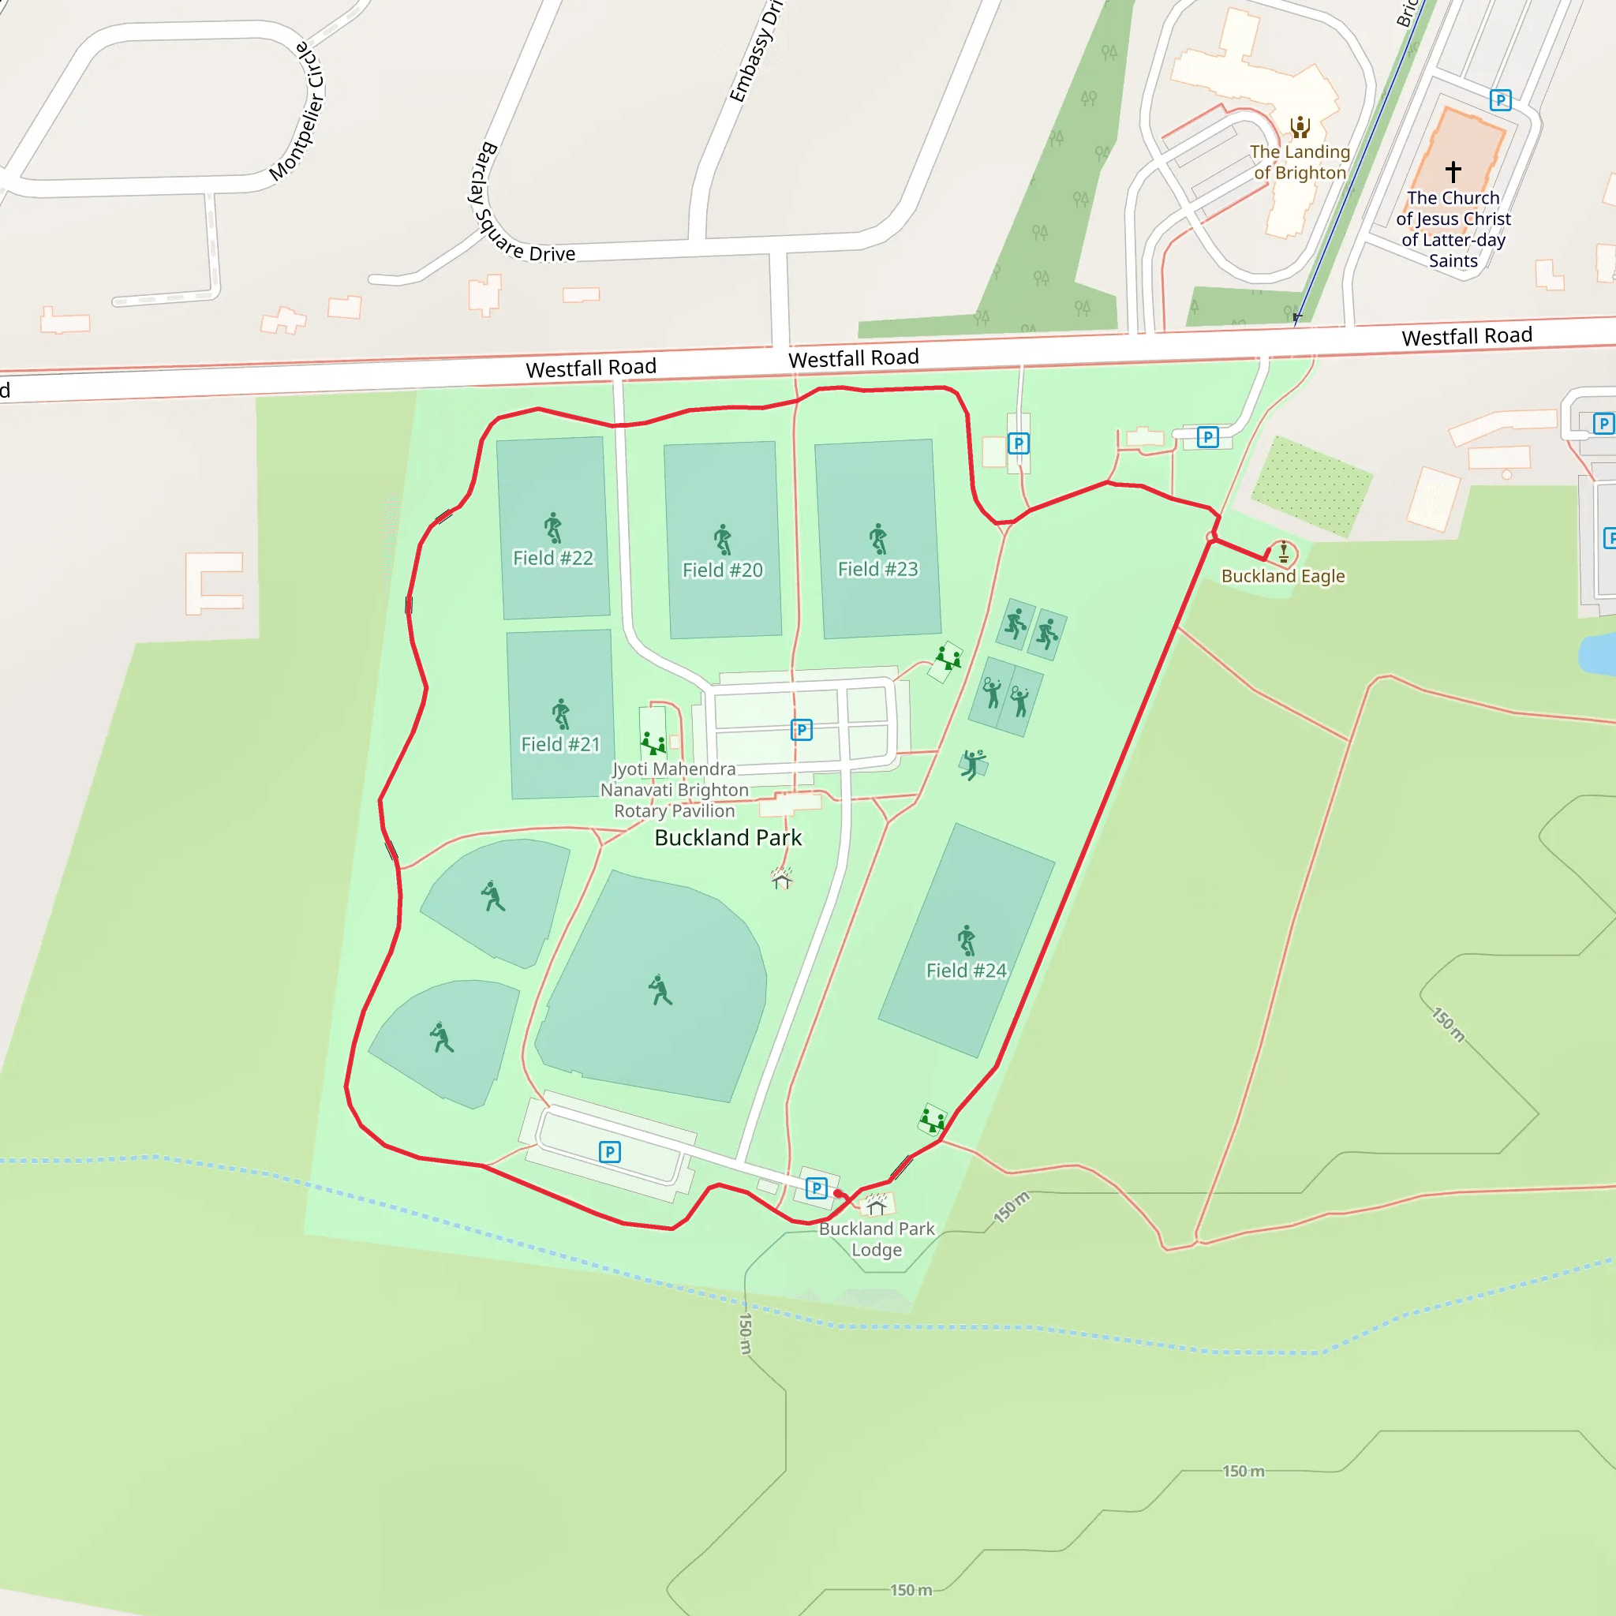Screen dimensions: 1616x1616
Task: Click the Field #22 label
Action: [x=553, y=558]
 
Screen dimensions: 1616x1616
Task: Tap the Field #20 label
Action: [x=722, y=570]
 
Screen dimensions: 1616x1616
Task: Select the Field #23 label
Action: [x=877, y=569]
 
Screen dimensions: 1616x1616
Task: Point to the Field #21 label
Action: [x=560, y=743]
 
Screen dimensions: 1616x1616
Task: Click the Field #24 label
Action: [x=966, y=971]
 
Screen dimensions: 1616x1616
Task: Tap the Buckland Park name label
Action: [x=728, y=837]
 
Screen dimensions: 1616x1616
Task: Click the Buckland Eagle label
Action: [x=1283, y=575]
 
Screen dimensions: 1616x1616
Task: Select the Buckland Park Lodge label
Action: [x=877, y=1239]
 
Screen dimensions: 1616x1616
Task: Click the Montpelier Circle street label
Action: [x=297, y=111]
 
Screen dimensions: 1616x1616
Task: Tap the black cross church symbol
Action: [x=1453, y=171]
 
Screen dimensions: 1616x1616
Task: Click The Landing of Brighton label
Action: [x=1300, y=163]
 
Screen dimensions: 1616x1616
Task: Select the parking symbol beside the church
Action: [x=1501, y=100]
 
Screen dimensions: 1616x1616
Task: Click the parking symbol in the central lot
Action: [x=802, y=730]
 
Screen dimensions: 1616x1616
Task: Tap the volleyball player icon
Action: [x=972, y=764]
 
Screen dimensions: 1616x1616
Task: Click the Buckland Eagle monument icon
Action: [x=1283, y=552]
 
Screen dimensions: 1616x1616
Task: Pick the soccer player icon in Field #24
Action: [x=966, y=940]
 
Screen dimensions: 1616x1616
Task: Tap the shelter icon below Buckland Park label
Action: [x=781, y=878]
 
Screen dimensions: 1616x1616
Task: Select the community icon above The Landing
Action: [x=1299, y=127]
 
